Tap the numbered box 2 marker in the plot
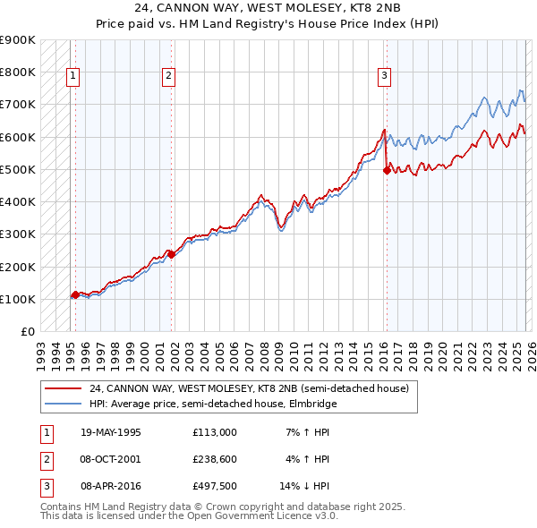(168, 77)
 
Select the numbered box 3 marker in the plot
(384, 77)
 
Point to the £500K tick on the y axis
(18, 169)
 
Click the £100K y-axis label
(18, 299)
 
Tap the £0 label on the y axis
(27, 331)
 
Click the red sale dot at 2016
(387, 170)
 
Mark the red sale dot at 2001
(172, 254)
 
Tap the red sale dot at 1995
(75, 294)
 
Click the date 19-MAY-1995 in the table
(111, 432)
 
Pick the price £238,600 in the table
(214, 459)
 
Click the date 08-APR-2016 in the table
(111, 486)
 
